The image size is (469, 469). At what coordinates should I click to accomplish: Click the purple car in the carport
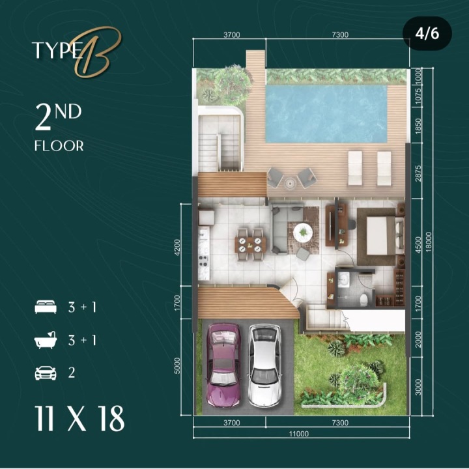tap(223, 365)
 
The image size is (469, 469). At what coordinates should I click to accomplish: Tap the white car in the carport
tap(264, 365)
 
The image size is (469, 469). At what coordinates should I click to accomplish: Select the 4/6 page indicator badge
tap(427, 33)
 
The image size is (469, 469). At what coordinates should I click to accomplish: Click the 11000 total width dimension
tap(299, 433)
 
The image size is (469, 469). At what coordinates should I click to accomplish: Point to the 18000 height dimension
tap(429, 242)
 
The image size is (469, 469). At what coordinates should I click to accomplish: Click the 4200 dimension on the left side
tap(177, 247)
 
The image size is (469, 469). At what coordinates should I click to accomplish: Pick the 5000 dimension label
tap(177, 365)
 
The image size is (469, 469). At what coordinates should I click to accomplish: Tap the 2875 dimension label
tap(418, 173)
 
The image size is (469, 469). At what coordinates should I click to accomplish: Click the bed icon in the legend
tap(46, 307)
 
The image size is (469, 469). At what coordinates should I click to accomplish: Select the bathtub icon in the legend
tap(46, 340)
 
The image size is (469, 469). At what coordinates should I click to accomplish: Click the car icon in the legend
tap(46, 373)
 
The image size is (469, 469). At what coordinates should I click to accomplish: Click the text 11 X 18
tap(79, 419)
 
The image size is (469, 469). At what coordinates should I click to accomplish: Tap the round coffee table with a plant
tap(303, 231)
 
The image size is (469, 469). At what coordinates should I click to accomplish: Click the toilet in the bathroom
tap(363, 300)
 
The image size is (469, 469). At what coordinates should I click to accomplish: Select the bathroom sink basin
tap(344, 280)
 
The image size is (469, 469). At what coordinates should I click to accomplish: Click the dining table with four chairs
tap(250, 244)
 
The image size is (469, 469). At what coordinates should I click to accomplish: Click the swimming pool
tap(326, 113)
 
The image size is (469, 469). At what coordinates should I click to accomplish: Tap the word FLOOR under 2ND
tap(59, 146)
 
